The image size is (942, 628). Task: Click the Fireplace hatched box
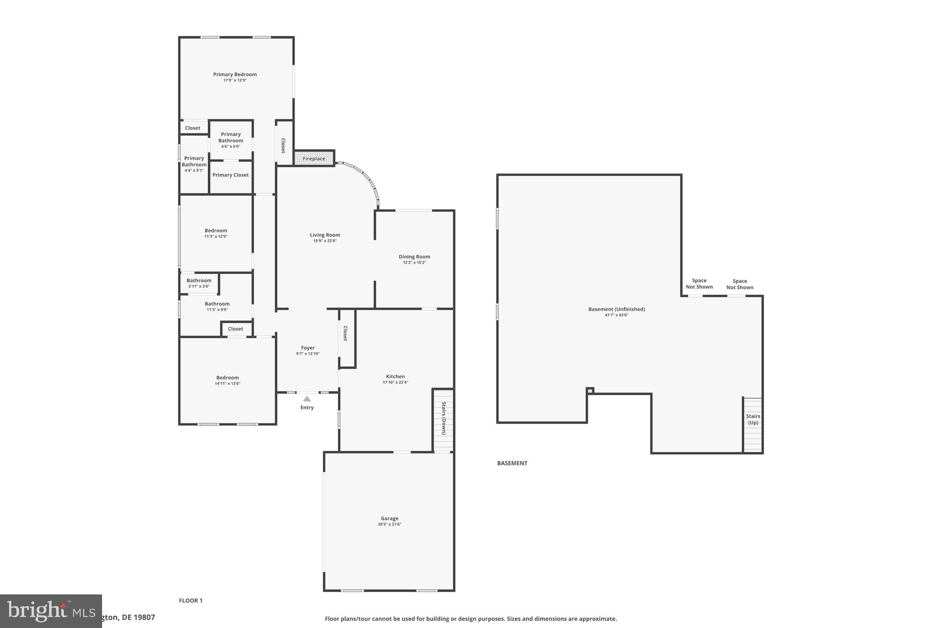click(314, 159)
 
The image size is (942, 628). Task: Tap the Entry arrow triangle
click(307, 399)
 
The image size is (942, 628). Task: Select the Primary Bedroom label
click(235, 75)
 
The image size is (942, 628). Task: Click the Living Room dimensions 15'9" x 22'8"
click(325, 241)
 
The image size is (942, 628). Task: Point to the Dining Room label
click(414, 257)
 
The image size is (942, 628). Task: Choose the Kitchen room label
click(395, 376)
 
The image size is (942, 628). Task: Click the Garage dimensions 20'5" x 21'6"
click(389, 524)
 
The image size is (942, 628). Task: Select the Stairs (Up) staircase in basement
click(752, 426)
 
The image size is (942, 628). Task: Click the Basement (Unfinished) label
click(616, 309)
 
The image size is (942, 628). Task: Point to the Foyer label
click(308, 348)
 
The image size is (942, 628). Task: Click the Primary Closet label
click(230, 175)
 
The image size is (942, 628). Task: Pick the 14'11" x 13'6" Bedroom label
click(227, 378)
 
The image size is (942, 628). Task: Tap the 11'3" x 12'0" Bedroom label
click(216, 230)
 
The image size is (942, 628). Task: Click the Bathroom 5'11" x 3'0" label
click(199, 281)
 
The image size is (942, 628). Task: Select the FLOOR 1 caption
click(190, 600)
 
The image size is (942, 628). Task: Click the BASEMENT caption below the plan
click(512, 463)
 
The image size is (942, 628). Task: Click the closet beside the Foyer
click(347, 338)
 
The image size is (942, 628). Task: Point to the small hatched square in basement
click(590, 391)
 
